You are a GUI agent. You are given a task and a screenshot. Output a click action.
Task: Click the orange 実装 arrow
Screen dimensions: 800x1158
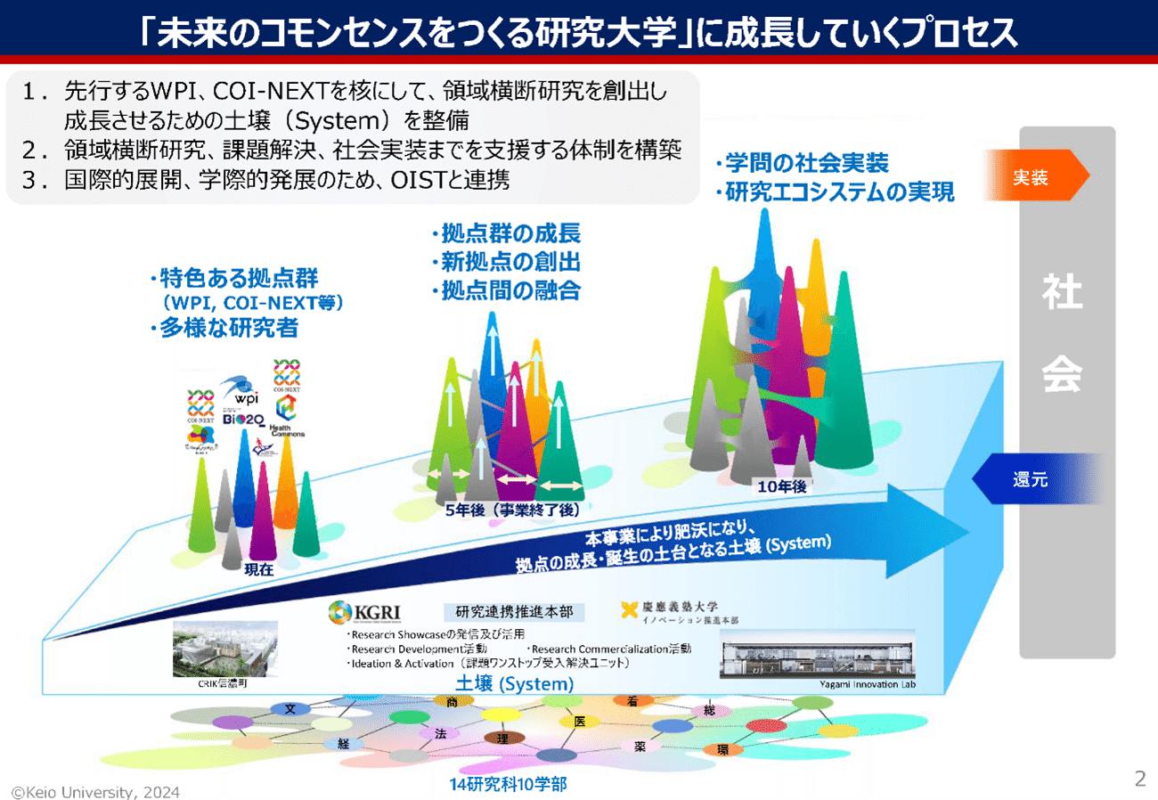pos(1034,176)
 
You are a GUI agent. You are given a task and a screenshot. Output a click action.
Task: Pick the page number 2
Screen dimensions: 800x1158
pos(1139,780)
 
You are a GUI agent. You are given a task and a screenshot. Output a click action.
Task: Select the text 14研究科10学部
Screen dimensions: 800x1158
pos(508,785)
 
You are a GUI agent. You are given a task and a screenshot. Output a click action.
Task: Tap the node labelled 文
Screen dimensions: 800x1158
pos(290,709)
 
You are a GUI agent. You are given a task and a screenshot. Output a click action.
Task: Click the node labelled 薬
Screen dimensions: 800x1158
pos(640,747)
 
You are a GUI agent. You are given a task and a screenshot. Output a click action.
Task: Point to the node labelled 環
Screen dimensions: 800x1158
pos(723,750)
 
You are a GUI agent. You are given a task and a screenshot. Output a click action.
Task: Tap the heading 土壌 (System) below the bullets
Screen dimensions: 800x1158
pos(512,684)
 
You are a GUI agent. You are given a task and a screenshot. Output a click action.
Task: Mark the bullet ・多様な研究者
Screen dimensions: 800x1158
pos(224,329)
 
